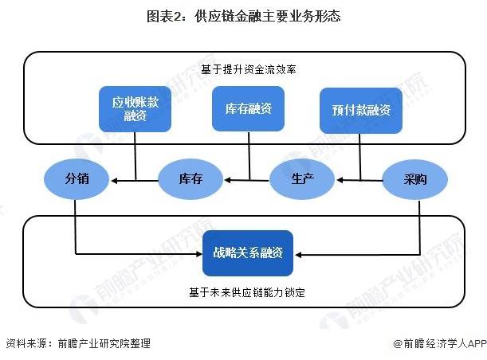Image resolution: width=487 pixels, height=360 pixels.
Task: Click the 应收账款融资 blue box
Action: coord(135,109)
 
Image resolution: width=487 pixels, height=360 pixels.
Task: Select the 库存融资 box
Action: coord(248,108)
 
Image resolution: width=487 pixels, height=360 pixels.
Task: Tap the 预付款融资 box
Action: coord(361,110)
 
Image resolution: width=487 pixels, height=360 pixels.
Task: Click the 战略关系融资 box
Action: coord(248,253)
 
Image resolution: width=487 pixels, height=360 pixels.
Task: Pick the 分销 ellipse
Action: coord(77,179)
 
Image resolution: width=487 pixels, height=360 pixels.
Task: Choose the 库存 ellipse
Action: coord(190,179)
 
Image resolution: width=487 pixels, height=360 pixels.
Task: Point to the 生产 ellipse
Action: coord(302,178)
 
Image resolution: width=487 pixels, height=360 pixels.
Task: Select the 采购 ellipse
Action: coord(415,179)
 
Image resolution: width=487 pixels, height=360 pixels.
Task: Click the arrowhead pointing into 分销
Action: coord(114,181)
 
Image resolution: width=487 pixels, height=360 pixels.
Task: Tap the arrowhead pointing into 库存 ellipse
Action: coord(228,180)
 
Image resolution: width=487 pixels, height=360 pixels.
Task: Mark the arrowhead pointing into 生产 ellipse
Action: coord(340,180)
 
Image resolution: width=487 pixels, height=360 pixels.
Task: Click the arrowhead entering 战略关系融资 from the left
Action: coord(198,254)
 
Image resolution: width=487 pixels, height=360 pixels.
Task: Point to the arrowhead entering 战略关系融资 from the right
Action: coord(298,255)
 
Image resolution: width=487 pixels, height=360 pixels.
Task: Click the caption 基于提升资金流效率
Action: coord(248,69)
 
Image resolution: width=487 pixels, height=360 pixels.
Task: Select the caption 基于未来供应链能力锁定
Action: coord(247,292)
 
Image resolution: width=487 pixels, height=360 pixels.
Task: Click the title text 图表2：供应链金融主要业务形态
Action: coord(244,16)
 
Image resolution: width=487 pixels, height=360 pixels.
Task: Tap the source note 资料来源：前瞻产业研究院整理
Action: coord(78,343)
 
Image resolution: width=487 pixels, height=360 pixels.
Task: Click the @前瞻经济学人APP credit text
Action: coord(440,343)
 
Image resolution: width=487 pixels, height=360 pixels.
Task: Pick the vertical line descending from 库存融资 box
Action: coord(249,156)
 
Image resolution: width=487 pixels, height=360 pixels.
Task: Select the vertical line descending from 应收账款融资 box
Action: coord(135,156)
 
